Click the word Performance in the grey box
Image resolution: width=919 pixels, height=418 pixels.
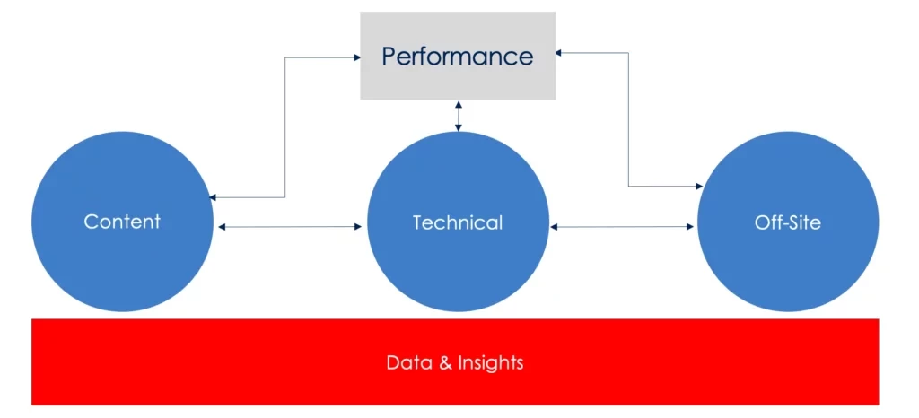pyautogui.click(x=457, y=57)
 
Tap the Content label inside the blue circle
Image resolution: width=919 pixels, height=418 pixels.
pyautogui.click(x=122, y=222)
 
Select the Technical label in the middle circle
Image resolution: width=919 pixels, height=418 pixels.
pyautogui.click(x=458, y=222)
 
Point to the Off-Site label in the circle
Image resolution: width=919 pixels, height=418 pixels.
pyautogui.click(x=788, y=222)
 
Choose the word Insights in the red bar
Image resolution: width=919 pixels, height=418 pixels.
pyautogui.click(x=490, y=363)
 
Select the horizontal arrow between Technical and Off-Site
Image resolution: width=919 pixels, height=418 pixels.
pyautogui.click(x=625, y=227)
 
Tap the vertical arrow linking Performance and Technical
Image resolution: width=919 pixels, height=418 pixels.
pyautogui.click(x=459, y=116)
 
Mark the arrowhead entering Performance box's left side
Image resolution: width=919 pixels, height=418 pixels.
pyautogui.click(x=356, y=58)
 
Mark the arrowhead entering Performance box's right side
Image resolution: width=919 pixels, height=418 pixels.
pyautogui.click(x=559, y=53)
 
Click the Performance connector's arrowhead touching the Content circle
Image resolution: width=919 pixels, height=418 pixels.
pyautogui.click(x=213, y=197)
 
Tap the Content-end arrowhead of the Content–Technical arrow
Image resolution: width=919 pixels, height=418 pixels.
pyautogui.click(x=222, y=227)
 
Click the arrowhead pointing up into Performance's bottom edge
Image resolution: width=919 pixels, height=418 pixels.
pyautogui.click(x=459, y=104)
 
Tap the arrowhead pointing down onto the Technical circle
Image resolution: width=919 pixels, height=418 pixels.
pyautogui.click(x=459, y=128)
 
